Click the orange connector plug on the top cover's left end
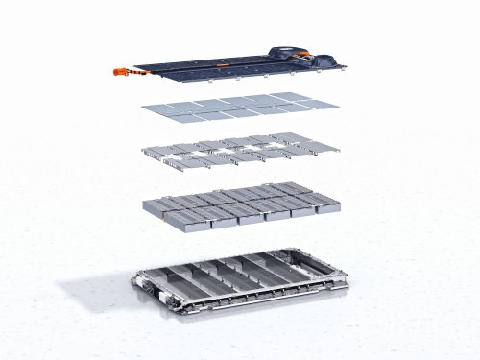click(122, 70)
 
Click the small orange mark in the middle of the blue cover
click(222, 64)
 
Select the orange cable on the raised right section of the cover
click(306, 56)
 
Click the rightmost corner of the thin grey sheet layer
click(339, 103)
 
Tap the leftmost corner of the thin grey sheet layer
click(142, 106)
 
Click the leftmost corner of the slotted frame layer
click(141, 152)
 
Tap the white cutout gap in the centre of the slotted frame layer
click(241, 149)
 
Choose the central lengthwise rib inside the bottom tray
click(240, 278)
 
